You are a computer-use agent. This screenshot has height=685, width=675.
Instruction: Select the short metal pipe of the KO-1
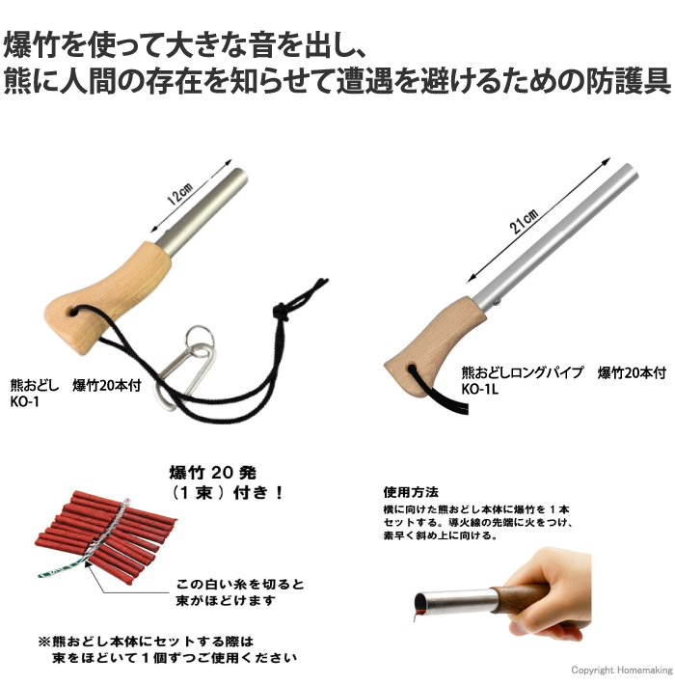(205, 208)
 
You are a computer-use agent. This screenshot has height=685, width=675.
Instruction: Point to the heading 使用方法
(411, 489)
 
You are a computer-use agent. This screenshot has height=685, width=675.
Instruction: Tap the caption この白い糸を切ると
(240, 585)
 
